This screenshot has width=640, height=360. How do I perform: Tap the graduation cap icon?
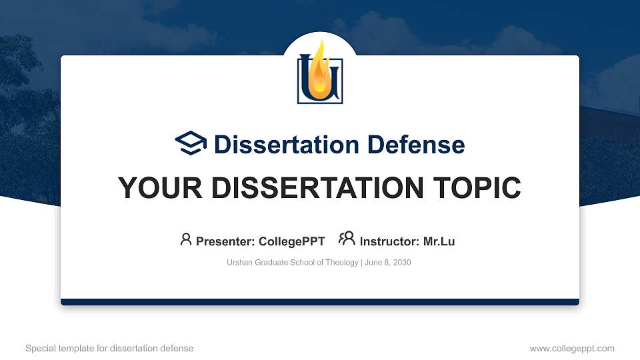(x=191, y=143)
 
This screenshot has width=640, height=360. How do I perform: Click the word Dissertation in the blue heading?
(x=287, y=145)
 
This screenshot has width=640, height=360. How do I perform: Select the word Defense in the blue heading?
(x=416, y=145)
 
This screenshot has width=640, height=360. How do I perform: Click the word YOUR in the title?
(x=160, y=188)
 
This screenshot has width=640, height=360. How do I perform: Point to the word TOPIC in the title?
(x=477, y=188)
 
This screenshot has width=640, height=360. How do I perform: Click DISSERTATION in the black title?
(x=317, y=188)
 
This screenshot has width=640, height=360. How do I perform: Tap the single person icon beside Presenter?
(x=186, y=239)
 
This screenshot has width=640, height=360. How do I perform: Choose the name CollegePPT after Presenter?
(x=292, y=241)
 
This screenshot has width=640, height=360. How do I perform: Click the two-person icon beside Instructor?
(x=347, y=238)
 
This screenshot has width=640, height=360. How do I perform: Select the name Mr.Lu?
(x=439, y=241)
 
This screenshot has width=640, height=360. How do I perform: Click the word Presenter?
(x=225, y=241)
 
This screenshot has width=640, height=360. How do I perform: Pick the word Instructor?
(x=389, y=241)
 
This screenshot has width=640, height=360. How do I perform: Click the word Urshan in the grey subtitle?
(x=239, y=263)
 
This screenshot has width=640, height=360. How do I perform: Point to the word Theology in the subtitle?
(x=342, y=263)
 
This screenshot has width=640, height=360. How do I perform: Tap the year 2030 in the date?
(x=401, y=263)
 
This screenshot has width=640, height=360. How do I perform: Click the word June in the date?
(x=373, y=263)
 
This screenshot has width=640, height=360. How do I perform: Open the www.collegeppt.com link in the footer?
(x=572, y=349)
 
